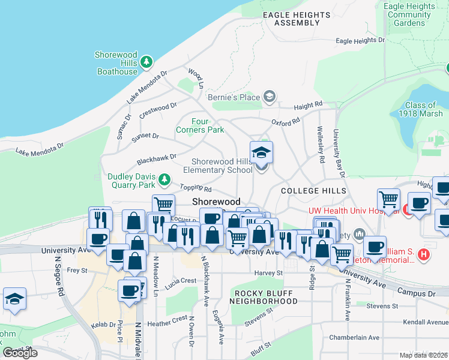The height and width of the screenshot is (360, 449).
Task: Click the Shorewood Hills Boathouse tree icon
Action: (x=146, y=62)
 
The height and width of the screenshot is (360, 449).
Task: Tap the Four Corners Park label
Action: (x=200, y=125)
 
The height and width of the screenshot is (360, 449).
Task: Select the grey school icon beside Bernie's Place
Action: (x=270, y=97)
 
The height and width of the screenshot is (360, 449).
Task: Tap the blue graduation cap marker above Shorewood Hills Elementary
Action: (x=261, y=153)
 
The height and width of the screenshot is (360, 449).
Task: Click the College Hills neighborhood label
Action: (x=313, y=191)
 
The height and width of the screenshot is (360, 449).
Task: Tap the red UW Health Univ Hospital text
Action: (x=354, y=211)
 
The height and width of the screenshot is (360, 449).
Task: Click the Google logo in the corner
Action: (x=20, y=353)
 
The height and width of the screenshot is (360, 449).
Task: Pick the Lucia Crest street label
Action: (x=181, y=280)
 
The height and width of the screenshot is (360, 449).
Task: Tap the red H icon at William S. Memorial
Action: (x=424, y=255)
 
